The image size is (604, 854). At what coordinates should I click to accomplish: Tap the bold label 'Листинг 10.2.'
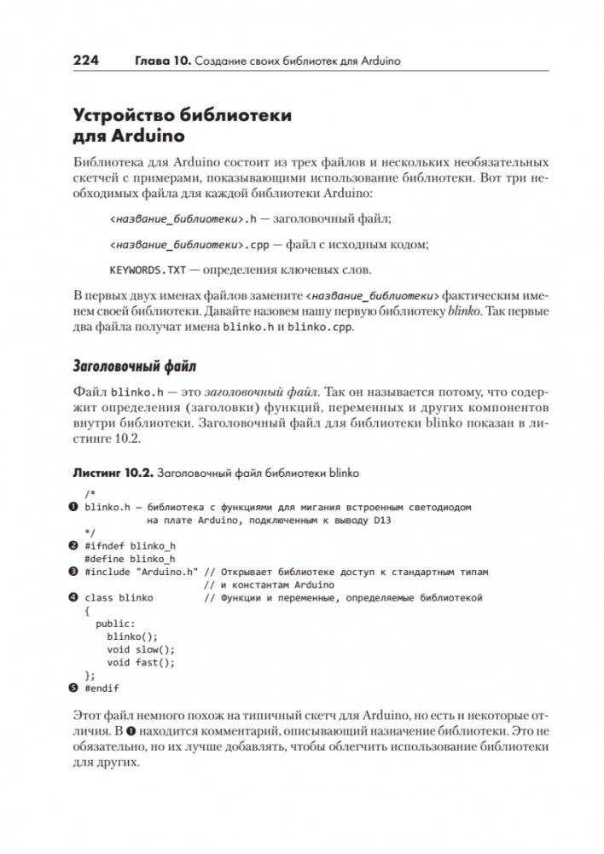pos(115,471)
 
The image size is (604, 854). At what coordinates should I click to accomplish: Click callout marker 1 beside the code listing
pos(73,507)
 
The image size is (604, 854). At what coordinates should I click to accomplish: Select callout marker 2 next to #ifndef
pos(73,546)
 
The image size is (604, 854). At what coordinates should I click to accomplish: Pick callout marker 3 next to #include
pos(73,572)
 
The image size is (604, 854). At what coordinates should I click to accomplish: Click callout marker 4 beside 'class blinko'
pos(73,598)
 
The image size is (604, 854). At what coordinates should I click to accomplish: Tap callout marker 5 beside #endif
pos(73,688)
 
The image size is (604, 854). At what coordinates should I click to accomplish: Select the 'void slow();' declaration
pos(141,649)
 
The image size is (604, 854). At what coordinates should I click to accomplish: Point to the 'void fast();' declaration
pos(141,662)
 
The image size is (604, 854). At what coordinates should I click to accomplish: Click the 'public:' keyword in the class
pos(115,624)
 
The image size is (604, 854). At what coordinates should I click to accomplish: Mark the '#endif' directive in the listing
pos(102,688)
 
